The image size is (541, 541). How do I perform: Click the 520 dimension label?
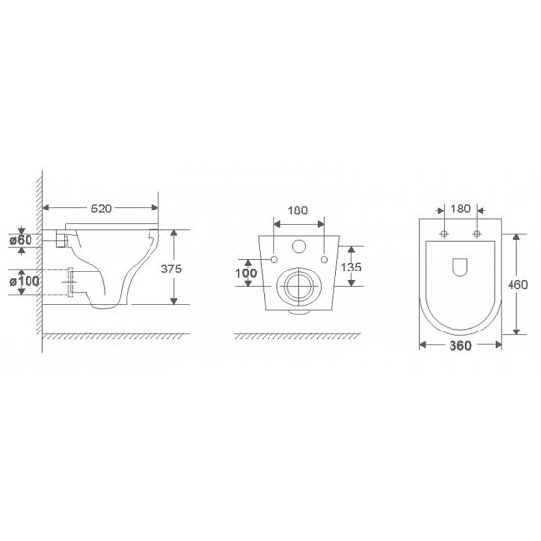(101, 209)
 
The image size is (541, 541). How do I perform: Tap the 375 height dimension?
(171, 269)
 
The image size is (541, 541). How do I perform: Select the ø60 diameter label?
(21, 239)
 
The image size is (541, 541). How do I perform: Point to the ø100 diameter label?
(25, 281)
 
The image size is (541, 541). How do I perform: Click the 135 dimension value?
(351, 267)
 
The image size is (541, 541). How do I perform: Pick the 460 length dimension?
(517, 284)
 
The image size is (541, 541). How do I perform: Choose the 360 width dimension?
(460, 345)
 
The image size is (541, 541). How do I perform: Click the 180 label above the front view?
(297, 210)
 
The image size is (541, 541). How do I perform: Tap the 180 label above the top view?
(460, 209)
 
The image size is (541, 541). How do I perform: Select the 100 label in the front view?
(246, 273)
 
